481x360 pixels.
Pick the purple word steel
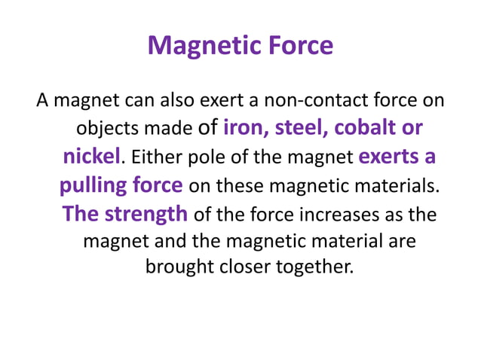[301, 128]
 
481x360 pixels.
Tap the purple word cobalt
[366, 128]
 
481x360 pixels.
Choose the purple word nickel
[90, 157]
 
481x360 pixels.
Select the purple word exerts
[391, 157]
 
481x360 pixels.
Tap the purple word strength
[146, 214]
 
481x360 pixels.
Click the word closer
[242, 267]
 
